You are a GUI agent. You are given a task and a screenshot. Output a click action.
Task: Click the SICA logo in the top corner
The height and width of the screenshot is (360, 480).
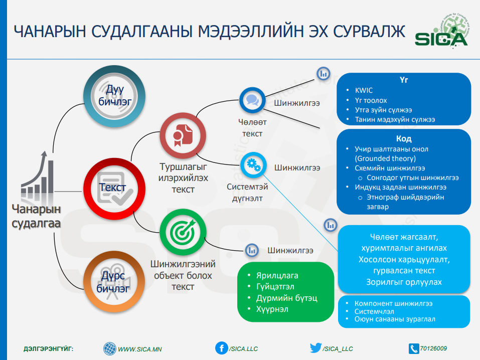point(441,31)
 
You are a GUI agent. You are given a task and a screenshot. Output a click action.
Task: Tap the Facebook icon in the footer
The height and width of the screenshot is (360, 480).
point(222,348)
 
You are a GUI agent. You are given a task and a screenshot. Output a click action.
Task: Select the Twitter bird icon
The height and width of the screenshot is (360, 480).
point(315,348)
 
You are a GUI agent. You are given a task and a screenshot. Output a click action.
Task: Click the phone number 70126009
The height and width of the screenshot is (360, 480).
point(433,348)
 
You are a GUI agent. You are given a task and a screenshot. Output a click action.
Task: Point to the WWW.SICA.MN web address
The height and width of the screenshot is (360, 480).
point(140,349)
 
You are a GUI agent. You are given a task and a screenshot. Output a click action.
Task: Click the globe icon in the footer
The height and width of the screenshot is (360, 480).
point(109,348)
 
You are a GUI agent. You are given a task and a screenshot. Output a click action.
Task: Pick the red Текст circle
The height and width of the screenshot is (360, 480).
point(114,189)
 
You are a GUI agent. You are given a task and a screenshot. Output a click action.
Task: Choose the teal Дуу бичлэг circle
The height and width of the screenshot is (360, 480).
point(114,96)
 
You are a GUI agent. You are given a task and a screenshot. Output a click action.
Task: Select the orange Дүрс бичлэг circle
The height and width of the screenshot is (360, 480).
point(114,281)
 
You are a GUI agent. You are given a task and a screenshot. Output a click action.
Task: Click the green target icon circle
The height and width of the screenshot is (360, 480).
point(183,232)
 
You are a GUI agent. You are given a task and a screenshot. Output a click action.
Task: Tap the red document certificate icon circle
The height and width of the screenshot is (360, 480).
point(183,135)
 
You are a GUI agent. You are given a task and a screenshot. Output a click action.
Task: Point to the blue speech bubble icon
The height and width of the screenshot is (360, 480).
point(252,100)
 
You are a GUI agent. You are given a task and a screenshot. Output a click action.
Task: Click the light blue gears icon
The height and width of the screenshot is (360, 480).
point(253,165)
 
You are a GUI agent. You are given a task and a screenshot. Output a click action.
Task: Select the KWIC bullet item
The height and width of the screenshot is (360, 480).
point(364,90)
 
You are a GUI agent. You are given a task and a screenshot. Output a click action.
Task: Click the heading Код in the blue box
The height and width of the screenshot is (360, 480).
point(404,139)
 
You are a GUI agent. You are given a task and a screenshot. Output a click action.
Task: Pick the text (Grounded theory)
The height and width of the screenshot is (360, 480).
point(385,158)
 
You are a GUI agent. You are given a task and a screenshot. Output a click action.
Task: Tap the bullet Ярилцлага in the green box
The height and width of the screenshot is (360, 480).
point(277,275)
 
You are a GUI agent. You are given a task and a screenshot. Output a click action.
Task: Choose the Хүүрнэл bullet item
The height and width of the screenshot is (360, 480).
point(272,309)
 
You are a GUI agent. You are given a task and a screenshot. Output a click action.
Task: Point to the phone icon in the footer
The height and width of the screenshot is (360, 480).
point(414,348)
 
